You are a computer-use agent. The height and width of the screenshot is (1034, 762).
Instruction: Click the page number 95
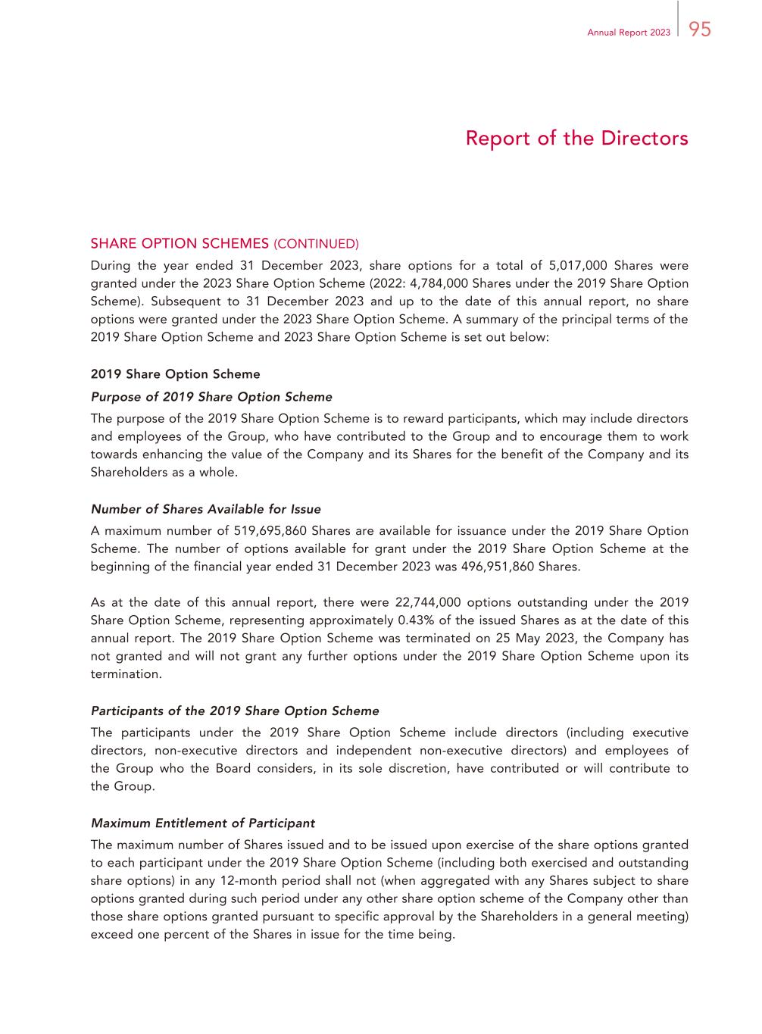tap(701, 30)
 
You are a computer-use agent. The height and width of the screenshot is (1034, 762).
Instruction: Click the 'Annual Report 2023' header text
tap(629, 33)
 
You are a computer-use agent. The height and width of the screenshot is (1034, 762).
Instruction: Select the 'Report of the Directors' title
tap(576, 139)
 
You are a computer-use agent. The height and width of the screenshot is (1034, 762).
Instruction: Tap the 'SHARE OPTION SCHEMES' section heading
tap(180, 244)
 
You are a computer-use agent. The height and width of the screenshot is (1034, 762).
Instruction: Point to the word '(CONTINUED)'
tap(316, 244)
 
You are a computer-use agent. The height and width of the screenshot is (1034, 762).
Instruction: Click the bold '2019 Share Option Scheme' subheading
tap(175, 374)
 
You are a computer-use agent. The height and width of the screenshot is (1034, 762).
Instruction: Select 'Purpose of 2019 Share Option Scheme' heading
tap(211, 397)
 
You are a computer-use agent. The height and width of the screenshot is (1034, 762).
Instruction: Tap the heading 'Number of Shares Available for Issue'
tap(205, 509)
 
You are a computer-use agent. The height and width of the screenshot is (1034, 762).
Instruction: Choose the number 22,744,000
tap(426, 603)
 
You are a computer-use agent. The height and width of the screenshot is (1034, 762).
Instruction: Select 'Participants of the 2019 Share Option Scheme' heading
tap(235, 711)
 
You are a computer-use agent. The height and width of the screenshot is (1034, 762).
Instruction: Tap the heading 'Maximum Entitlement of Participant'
tap(203, 823)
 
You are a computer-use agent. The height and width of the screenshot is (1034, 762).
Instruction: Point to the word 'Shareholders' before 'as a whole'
tap(128, 473)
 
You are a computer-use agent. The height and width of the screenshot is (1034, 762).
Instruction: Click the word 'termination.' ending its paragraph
tap(126, 674)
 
